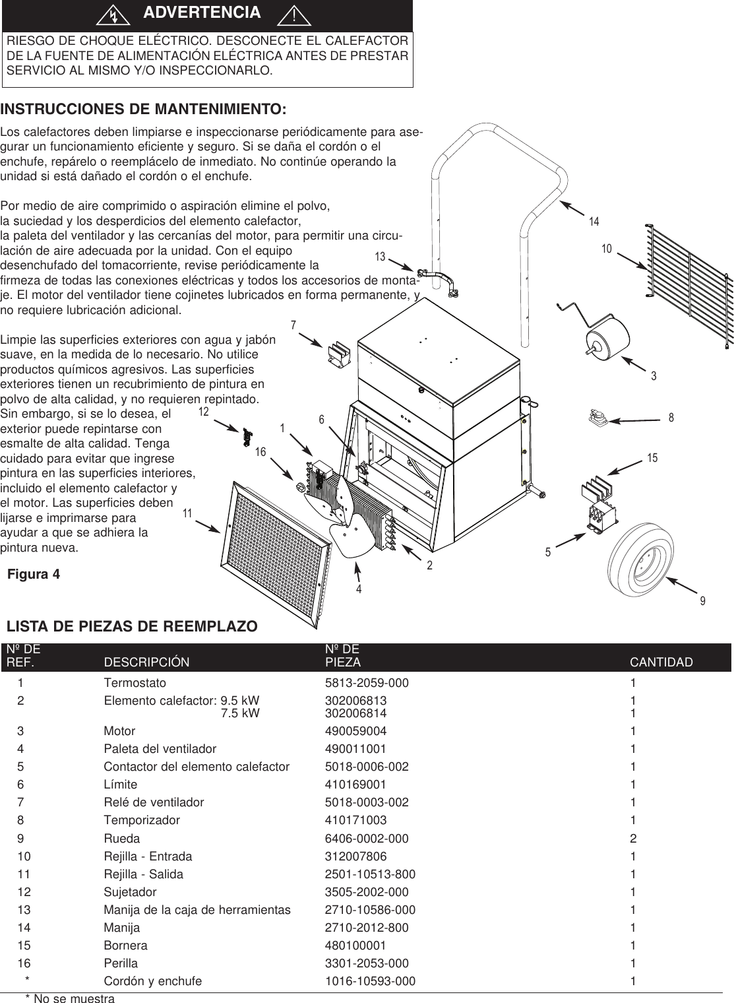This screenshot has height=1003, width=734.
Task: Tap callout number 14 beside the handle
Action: pyautogui.click(x=594, y=222)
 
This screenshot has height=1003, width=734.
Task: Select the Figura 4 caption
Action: pyautogui.click(x=34, y=574)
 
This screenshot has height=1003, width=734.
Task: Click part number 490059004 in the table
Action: pyautogui.click(x=355, y=731)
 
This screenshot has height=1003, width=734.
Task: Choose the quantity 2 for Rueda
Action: pyautogui.click(x=633, y=839)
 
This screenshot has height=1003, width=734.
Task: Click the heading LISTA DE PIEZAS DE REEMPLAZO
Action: pyautogui.click(x=132, y=626)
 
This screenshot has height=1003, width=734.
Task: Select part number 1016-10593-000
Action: pyautogui.click(x=370, y=981)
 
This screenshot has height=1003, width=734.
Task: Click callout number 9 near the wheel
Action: pyautogui.click(x=702, y=601)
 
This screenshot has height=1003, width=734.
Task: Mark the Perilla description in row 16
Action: pyautogui.click(x=121, y=963)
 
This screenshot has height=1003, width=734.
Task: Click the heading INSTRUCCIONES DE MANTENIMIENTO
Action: pyautogui.click(x=144, y=108)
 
